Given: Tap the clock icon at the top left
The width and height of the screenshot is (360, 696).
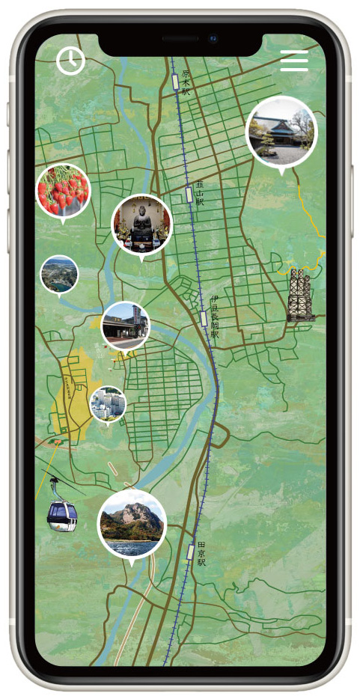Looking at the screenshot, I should tap(70, 61).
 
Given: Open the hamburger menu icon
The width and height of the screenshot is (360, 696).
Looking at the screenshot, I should tap(294, 61).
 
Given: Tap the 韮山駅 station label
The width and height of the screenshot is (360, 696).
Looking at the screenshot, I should tap(200, 192).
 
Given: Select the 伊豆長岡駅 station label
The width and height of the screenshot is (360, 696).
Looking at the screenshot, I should tap(215, 317).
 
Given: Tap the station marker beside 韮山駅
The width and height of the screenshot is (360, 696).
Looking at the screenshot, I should tap(189, 195).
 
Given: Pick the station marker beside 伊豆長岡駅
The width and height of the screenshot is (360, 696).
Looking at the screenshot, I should tap(204, 318).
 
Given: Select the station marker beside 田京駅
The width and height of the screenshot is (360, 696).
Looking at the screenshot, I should tap(191, 552).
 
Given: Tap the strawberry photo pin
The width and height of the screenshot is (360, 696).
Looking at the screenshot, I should tap(63, 190).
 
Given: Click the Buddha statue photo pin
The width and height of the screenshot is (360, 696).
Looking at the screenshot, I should tap(141, 224).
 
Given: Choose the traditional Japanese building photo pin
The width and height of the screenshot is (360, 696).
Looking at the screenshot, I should tap(281, 131).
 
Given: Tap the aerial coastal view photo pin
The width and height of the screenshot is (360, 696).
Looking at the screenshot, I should tap(59, 275).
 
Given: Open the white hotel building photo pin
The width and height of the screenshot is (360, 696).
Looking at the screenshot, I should tap(108, 403).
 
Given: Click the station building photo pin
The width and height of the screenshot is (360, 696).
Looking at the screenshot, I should tap(125, 326).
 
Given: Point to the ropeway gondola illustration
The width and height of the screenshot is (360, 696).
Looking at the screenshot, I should tap(62, 513).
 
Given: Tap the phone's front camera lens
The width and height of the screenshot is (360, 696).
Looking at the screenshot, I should tap(213, 37).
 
